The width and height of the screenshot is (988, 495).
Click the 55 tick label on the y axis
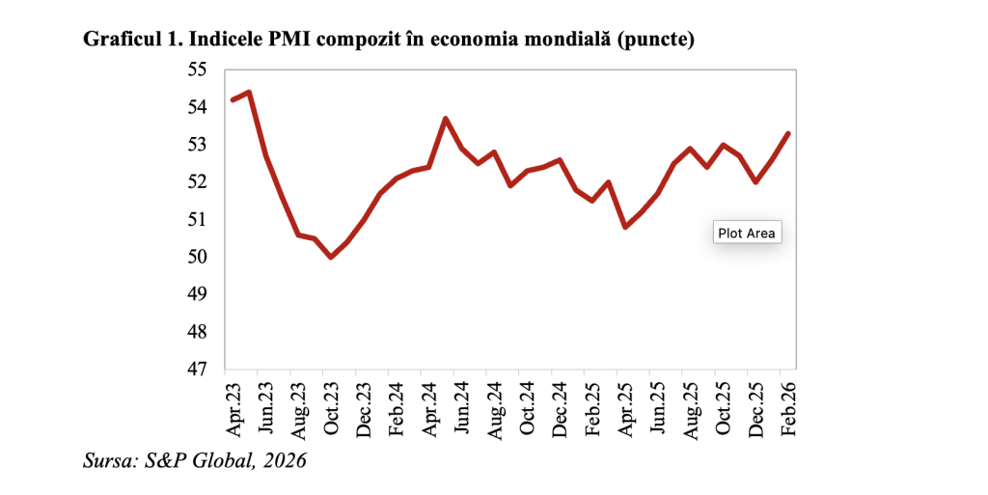[x=197, y=70]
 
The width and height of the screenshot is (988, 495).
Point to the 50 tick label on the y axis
[x=197, y=258]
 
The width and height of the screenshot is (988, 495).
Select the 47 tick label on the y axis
[x=197, y=370]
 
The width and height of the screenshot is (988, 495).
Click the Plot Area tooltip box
[x=746, y=234]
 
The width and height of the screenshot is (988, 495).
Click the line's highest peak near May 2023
[x=249, y=93]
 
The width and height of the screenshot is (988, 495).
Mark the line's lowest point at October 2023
[x=331, y=257]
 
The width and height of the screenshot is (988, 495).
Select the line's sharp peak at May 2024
[x=446, y=119]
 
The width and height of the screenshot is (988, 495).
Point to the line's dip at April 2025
[x=625, y=227]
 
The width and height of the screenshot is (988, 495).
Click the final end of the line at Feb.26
[x=789, y=134]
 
